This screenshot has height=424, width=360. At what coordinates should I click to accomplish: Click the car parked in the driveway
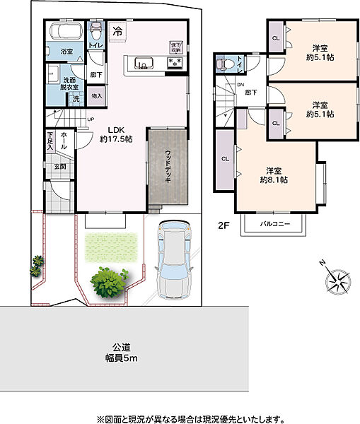(173, 259)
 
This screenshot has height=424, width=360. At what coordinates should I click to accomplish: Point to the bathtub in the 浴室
(65, 31)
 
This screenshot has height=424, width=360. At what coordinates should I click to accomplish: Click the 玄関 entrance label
(60, 167)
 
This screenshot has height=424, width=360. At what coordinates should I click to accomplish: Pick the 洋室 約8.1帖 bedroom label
(272, 175)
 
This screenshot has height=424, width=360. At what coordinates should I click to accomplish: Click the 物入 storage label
(97, 95)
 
